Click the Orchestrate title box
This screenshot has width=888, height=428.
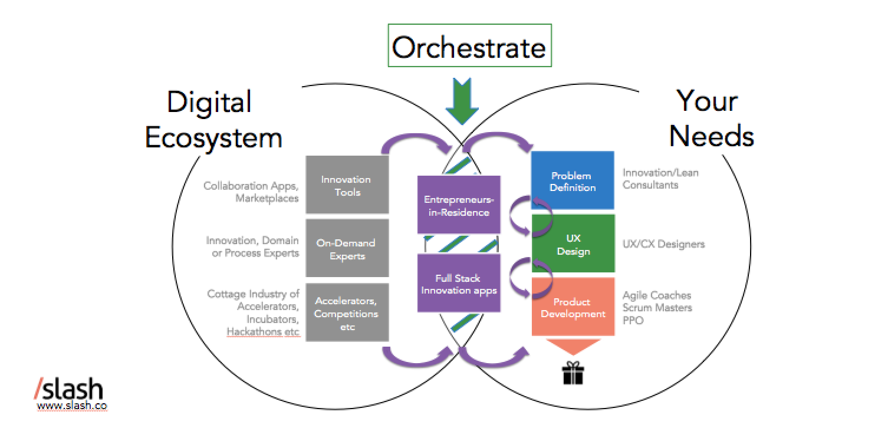[x=469, y=46]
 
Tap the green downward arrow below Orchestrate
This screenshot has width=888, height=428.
[x=462, y=104]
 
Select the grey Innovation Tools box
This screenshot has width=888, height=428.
[x=347, y=186]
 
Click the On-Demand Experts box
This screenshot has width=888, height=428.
[x=347, y=249]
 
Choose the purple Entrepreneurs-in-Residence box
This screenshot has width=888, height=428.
[x=459, y=205]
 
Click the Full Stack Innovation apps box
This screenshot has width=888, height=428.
[x=459, y=284]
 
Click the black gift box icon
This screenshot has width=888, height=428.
[x=572, y=373]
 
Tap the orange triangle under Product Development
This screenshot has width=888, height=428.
[x=572, y=345]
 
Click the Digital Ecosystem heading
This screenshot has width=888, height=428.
[x=213, y=120]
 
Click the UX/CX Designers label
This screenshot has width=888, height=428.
[x=663, y=244]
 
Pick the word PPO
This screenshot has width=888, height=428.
[x=633, y=321]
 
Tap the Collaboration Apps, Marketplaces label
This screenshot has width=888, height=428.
[x=252, y=192]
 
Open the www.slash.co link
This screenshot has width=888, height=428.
[x=71, y=406]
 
